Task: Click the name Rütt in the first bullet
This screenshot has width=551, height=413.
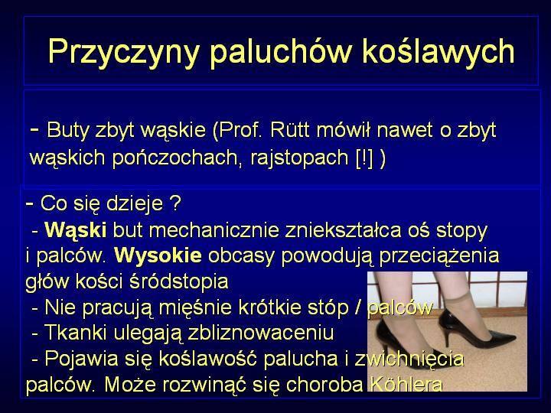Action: coord(290,130)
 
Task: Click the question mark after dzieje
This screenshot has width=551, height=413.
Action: coord(175,203)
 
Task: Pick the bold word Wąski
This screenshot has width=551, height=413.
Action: coord(76,231)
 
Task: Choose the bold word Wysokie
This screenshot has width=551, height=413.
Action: coord(158,256)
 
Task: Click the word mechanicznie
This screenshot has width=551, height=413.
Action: coord(214,230)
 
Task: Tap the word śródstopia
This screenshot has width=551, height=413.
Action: coord(179,281)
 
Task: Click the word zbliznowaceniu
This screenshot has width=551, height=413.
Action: coord(261,333)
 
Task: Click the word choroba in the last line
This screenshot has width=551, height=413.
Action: coord(324,384)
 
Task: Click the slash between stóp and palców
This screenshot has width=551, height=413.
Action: coord(357,307)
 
